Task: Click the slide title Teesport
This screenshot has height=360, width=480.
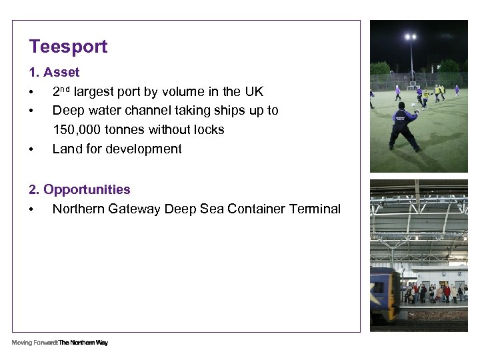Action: click(x=68, y=47)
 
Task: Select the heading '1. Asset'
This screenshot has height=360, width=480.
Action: click(x=54, y=72)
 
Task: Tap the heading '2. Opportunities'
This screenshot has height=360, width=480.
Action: click(x=79, y=189)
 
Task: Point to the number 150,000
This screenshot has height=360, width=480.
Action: click(x=76, y=129)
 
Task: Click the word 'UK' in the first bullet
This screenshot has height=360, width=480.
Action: click(x=253, y=91)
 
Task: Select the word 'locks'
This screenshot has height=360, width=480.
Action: click(x=207, y=129)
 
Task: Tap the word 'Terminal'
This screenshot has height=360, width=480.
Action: click(x=315, y=209)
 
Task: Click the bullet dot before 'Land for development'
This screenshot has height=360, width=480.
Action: click(x=31, y=149)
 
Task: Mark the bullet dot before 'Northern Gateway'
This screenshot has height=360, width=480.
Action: click(x=31, y=209)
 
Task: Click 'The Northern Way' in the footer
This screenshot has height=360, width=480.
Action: click(x=83, y=343)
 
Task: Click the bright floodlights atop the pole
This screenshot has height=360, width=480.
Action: click(x=411, y=37)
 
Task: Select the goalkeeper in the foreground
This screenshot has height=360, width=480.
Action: click(x=403, y=125)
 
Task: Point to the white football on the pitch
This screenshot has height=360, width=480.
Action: click(x=413, y=105)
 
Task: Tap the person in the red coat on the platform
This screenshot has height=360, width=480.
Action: click(x=447, y=292)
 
